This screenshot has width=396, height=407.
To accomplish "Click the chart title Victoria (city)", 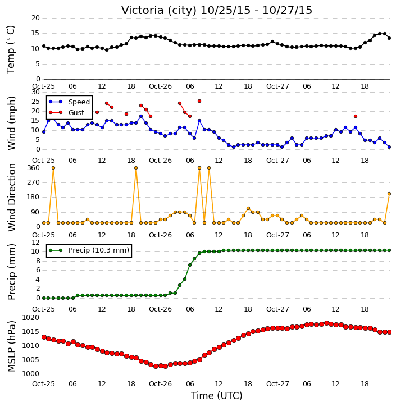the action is [x=158, y=11].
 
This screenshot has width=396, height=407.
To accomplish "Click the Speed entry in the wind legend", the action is [x=79, y=102].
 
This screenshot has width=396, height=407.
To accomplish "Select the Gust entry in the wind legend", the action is [x=76, y=113].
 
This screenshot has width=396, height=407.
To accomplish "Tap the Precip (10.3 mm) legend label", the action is [x=99, y=250].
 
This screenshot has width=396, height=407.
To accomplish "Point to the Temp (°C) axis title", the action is [x=11, y=49].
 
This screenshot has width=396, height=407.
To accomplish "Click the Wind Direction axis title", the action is [x=12, y=198].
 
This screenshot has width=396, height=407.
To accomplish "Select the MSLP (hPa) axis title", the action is [x=12, y=346].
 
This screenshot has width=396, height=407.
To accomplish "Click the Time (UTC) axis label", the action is [x=217, y=396].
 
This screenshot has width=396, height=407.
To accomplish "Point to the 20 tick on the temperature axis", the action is [x=35, y=18].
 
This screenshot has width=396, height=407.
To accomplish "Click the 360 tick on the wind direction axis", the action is [x=34, y=168].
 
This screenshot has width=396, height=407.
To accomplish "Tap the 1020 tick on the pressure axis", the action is [x=31, y=318].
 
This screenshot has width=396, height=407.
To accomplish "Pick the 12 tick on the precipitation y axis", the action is [x=35, y=242].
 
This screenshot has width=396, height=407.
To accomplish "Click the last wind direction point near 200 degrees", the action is [x=389, y=194].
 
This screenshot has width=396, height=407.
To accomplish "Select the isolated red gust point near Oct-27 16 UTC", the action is [x=356, y=116].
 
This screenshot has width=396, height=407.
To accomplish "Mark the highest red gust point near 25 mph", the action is [x=199, y=101].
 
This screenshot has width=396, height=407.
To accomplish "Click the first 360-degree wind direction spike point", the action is [x=53, y=168].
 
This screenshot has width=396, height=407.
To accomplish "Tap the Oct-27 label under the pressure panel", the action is [x=277, y=383].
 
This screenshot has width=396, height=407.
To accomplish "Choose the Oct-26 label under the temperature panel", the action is [x=160, y=86].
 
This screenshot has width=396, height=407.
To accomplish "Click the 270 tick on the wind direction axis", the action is [x=34, y=182].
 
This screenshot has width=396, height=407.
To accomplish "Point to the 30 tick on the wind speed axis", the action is [x=35, y=92].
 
